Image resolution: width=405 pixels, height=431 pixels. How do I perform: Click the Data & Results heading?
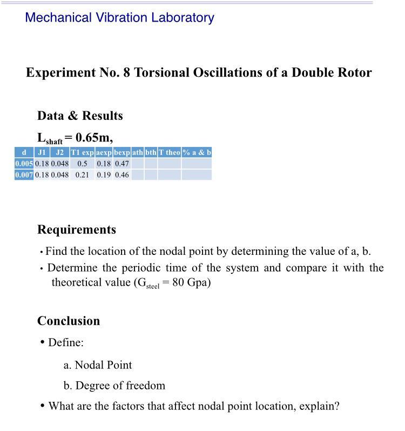click(x=80, y=116)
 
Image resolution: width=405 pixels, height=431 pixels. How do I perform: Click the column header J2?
click(x=60, y=152)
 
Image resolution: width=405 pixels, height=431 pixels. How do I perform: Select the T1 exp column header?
click(x=82, y=152)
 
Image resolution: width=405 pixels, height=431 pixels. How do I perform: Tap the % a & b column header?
click(x=197, y=152)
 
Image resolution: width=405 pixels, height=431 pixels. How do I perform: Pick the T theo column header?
click(x=169, y=152)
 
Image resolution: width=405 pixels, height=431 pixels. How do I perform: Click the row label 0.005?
click(x=24, y=163)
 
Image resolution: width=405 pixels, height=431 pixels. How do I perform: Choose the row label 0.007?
click(x=24, y=175)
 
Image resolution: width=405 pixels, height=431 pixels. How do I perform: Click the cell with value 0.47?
click(x=122, y=163)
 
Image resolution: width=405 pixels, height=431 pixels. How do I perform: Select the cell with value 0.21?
click(x=82, y=175)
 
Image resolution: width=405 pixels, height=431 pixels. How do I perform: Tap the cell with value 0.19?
click(x=104, y=175)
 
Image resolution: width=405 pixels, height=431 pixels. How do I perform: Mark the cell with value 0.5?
click(x=82, y=163)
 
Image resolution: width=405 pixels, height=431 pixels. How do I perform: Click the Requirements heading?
click(x=77, y=230)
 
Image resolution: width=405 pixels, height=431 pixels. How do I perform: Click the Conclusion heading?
click(x=69, y=321)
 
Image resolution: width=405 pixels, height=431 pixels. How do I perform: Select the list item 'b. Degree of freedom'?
click(x=114, y=386)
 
